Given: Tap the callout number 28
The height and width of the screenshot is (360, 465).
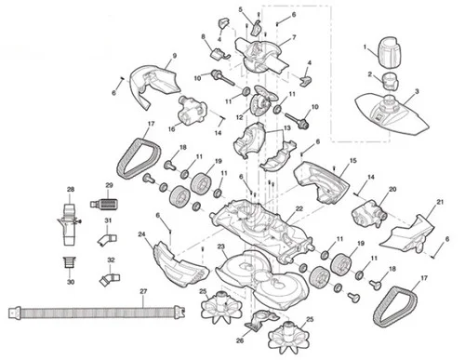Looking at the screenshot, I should (71, 189).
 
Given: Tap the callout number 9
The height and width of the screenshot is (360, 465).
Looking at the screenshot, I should (173, 59).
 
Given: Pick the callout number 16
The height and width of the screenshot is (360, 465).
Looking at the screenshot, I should (171, 129).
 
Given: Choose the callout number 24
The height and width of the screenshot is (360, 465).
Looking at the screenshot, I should (141, 235).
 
